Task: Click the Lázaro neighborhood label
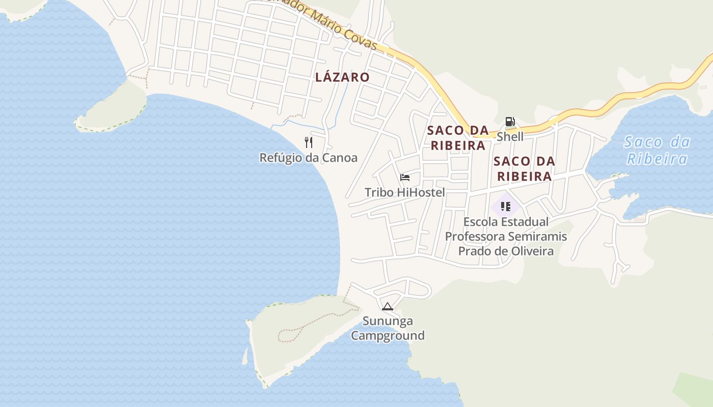tap(342, 77)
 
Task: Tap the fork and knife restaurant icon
tap(308, 142)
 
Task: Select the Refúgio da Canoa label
tap(308, 158)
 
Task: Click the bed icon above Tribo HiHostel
tap(405, 177)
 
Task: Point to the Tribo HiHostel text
tap(405, 192)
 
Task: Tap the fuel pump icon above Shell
tap(510, 122)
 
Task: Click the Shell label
tap(510, 136)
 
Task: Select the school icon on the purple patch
tap(506, 206)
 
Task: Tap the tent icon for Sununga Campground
tap(388, 306)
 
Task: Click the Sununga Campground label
tap(388, 328)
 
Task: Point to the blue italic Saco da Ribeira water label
tap(657, 150)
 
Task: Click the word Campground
tap(388, 336)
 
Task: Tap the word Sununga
tap(388, 321)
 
